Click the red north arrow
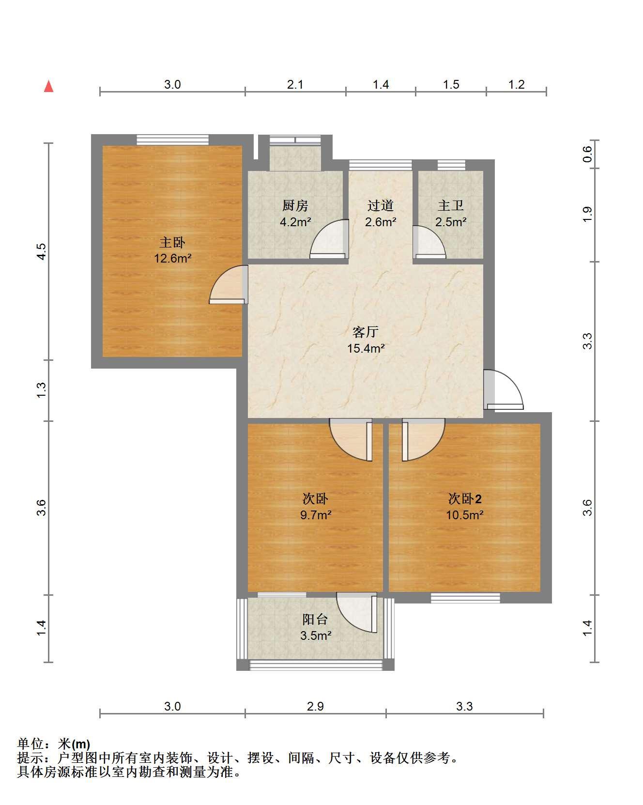(x=48, y=86)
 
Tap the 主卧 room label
(x=172, y=242)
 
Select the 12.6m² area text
(x=173, y=258)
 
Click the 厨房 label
(x=295, y=206)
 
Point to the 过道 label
(x=380, y=206)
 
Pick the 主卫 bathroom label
(x=451, y=206)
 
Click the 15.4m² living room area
(x=366, y=348)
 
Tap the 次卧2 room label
(x=465, y=498)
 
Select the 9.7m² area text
(x=316, y=514)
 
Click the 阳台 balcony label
(x=315, y=619)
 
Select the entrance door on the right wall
(x=504, y=389)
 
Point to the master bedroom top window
(x=173, y=139)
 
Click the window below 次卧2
(x=465, y=598)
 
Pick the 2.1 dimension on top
(x=295, y=85)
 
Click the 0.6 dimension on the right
(x=587, y=155)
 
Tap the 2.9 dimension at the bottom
(x=315, y=706)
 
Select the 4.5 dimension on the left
(x=42, y=251)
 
